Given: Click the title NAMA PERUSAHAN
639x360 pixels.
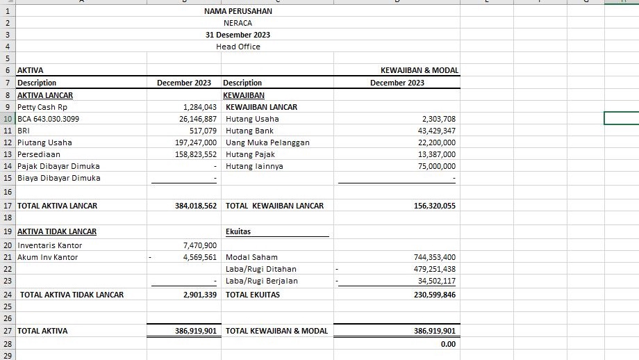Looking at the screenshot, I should point(238,11).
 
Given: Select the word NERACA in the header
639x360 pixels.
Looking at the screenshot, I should point(238,23).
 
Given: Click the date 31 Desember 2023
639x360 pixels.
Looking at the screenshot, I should point(238,35).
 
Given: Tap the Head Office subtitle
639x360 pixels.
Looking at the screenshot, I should point(238,47).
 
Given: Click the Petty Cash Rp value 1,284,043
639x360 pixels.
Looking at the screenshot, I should point(200,107).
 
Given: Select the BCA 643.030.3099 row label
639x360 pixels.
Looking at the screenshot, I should point(48,119).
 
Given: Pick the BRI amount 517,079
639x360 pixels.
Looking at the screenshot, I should point(203,131).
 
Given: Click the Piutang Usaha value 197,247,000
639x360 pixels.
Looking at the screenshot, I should point(196,142).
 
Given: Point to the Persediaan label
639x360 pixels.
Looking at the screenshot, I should point(39,154).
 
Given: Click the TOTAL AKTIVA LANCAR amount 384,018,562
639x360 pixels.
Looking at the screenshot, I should point(196,206).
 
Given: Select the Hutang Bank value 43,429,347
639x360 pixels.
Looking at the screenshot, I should point(436,131).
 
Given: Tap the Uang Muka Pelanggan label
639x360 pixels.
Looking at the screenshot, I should point(267,142).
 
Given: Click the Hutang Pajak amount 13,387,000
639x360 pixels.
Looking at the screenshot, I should point(436,154).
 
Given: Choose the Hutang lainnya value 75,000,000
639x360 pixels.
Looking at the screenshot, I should point(436,166).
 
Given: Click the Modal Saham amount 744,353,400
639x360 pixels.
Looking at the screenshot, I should point(435,257).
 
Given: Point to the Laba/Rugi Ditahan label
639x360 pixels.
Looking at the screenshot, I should point(261,269).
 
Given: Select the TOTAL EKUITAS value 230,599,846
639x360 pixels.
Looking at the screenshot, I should point(435,295).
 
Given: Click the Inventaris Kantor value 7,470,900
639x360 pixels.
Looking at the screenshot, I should point(200,245).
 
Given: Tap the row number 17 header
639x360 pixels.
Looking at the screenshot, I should point(7,206).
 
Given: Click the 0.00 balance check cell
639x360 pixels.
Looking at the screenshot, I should point(448,344).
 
